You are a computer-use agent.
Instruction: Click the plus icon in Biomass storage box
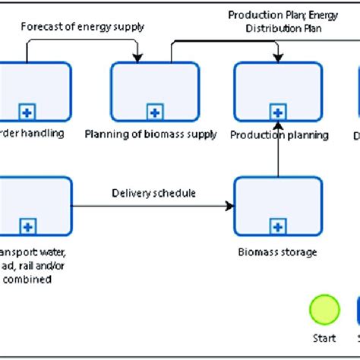(x=279, y=226)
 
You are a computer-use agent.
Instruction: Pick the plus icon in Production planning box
(x=279, y=112)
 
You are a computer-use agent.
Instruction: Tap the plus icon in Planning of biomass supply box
(x=155, y=112)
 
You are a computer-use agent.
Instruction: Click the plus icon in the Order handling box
(x=28, y=112)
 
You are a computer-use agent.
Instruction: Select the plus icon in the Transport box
(x=28, y=226)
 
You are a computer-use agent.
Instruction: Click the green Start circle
(x=324, y=311)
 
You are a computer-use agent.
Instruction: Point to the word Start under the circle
(x=324, y=339)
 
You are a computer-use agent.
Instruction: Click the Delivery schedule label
(x=153, y=193)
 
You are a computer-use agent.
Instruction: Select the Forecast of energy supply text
(x=83, y=27)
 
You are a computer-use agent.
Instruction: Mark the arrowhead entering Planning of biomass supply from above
(x=137, y=58)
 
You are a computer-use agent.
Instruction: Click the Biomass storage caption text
(x=279, y=251)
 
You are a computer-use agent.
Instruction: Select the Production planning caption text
(x=279, y=135)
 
